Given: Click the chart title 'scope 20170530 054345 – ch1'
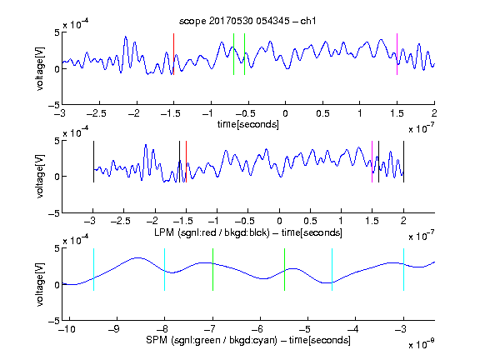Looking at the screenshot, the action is (x=247, y=21).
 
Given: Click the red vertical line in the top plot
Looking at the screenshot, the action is (x=173, y=54).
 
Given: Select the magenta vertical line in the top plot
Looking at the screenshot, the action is (x=397, y=54).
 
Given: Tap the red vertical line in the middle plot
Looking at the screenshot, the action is (x=186, y=162).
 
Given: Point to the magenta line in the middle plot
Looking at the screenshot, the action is (x=372, y=162).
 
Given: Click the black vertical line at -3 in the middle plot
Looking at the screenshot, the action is (x=93, y=162).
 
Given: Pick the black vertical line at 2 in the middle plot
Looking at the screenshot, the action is (x=403, y=162).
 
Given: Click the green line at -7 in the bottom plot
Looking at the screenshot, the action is (x=212, y=269).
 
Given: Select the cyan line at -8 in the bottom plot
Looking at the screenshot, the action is (x=165, y=269).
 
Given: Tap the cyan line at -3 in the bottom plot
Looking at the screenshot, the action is (x=403, y=269).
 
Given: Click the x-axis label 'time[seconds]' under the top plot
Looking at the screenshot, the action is (x=248, y=124).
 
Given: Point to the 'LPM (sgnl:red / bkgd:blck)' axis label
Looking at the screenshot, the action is (x=212, y=232).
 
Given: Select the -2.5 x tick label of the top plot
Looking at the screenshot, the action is (x=97, y=113).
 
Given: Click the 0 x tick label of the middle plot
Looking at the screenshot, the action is (x=279, y=221).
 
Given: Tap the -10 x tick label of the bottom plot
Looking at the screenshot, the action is (x=67, y=329).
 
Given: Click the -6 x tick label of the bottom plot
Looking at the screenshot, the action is (x=258, y=329).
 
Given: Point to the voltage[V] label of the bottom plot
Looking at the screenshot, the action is (x=40, y=285).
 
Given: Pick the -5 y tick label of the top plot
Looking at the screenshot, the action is (x=53, y=105).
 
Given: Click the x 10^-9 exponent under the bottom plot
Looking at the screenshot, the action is (x=421, y=344).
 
